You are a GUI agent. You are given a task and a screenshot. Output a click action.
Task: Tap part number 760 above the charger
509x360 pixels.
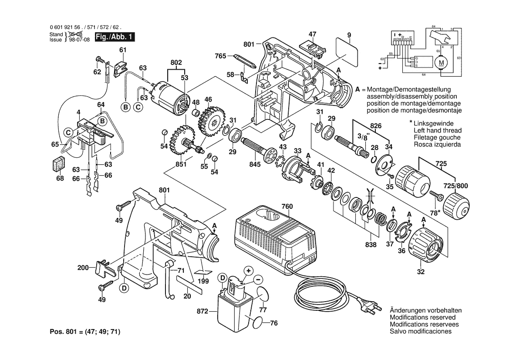287,206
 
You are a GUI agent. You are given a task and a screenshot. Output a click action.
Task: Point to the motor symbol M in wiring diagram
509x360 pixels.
441,62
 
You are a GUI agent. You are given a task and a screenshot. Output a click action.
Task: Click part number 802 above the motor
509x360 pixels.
176,63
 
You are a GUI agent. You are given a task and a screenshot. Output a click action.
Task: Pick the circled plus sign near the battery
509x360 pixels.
248,271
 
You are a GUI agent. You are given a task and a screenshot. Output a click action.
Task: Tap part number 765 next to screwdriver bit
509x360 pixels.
221,56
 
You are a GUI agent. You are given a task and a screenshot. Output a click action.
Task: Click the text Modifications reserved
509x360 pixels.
422,317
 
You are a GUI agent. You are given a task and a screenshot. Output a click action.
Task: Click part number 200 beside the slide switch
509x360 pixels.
83,268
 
